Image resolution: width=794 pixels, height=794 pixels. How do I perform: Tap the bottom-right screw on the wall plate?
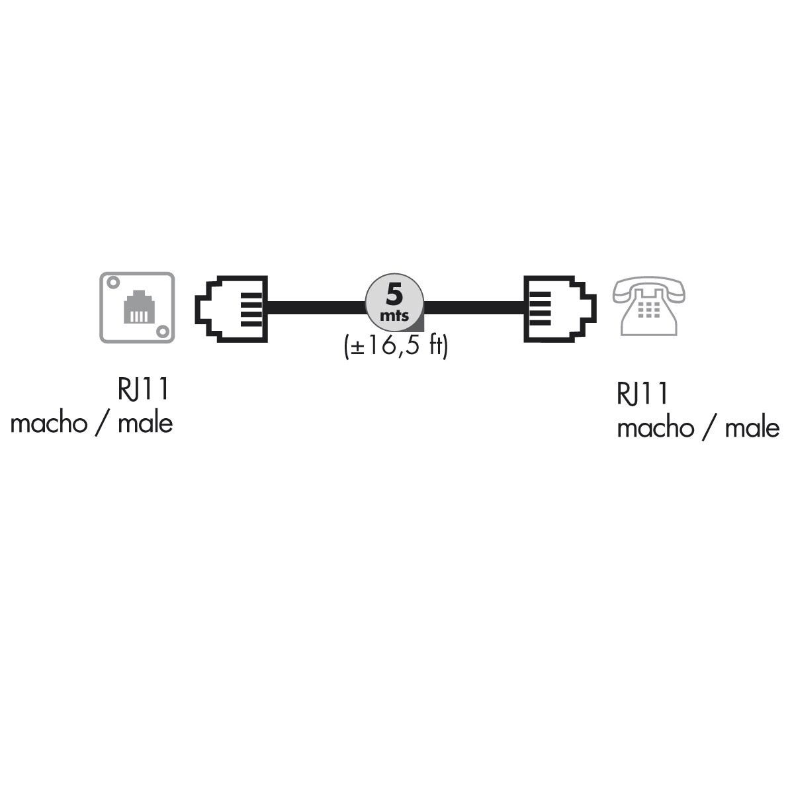pos(161,330)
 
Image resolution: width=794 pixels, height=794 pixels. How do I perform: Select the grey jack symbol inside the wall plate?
pos(137,308)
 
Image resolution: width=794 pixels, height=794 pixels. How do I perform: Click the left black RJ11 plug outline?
pos(232,309)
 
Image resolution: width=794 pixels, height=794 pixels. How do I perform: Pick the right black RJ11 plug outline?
pos(559,309)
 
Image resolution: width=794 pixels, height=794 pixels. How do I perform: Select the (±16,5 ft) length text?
pos(396,345)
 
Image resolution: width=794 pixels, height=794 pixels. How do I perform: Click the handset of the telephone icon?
pos(648,287)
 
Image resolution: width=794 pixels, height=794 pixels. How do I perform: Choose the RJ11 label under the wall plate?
pos(144,390)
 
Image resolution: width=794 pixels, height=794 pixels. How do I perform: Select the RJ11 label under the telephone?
pos(642,394)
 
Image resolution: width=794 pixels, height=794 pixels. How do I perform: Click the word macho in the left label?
pos(48,423)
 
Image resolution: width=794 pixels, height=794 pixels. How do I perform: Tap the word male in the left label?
pos(145,423)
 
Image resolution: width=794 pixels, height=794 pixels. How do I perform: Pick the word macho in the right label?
pos(655,428)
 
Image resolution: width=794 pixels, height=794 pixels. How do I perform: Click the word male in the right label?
pos(752,428)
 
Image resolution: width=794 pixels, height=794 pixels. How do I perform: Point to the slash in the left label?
pos(101,423)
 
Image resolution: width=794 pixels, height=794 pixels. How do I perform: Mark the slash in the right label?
pos(708,429)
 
